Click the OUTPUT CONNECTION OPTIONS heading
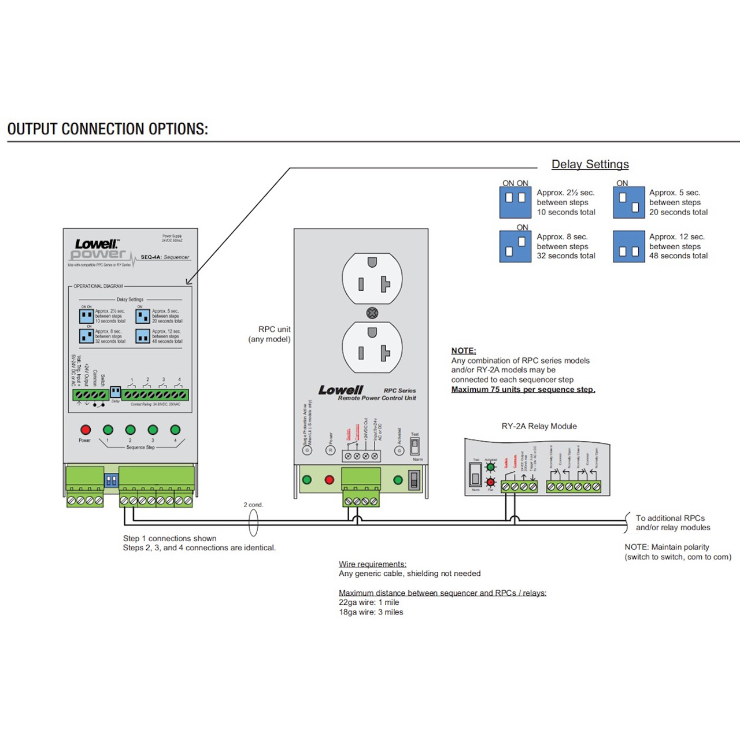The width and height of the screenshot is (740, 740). (x=108, y=129)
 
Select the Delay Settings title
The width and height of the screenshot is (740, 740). (x=590, y=164)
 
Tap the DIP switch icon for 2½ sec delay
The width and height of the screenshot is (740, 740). (x=515, y=202)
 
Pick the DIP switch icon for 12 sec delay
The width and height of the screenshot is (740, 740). (x=628, y=247)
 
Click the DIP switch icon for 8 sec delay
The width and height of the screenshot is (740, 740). (x=515, y=247)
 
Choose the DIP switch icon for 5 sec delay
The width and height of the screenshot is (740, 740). (x=628, y=202)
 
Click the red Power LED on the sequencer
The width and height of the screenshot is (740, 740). (x=86, y=430)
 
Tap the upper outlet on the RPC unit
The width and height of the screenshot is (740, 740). (x=372, y=278)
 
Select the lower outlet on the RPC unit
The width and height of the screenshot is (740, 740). (x=372, y=347)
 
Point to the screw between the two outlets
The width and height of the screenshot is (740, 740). (x=372, y=313)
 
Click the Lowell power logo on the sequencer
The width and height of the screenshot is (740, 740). (x=97, y=249)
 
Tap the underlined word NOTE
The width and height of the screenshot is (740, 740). (x=463, y=351)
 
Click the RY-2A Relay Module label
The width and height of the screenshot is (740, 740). (x=539, y=426)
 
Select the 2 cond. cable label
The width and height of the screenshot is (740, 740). (x=253, y=505)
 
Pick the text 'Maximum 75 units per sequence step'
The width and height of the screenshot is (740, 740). (x=523, y=390)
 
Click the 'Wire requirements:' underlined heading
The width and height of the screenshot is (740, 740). (x=372, y=564)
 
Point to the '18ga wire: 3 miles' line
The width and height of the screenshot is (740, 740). (x=371, y=612)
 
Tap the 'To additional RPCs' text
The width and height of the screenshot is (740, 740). (x=670, y=518)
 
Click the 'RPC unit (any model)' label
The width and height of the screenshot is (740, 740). (x=270, y=334)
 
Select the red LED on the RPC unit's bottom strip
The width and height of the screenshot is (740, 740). (x=330, y=480)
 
